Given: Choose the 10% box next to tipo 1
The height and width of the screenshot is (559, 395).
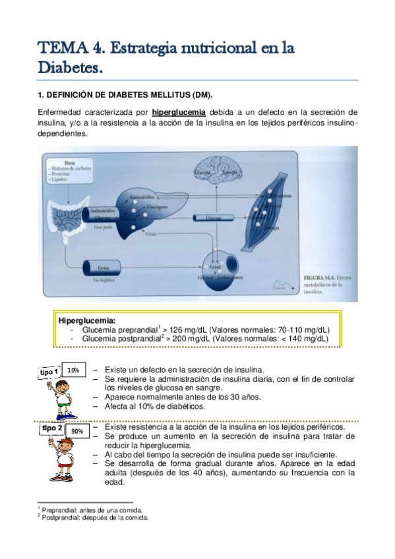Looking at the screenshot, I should click(x=73, y=370).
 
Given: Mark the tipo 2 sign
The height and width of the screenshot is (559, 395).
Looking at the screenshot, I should click(x=51, y=429).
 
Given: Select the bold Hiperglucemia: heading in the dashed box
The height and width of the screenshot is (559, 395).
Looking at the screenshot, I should click(x=87, y=320).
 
